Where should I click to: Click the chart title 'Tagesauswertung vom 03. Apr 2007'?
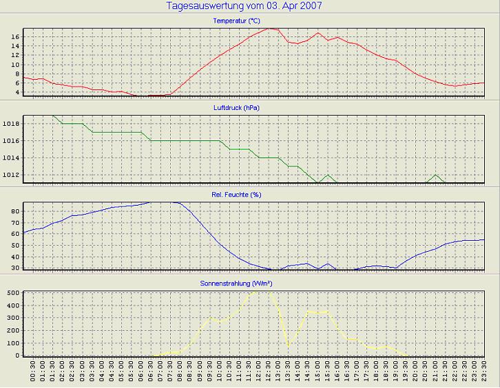(x=244, y=6)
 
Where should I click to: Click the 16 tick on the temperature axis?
(x=15, y=36)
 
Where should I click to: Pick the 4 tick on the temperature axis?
(x=17, y=92)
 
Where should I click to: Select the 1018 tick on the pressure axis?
(x=11, y=124)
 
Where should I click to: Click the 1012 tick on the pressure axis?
(x=11, y=175)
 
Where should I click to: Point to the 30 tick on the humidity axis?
(x=14, y=268)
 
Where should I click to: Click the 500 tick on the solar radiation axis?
(x=12, y=293)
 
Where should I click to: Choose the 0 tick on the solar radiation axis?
(x=17, y=355)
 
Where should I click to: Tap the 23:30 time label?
(x=484, y=374)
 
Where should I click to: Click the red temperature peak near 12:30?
(x=269, y=28)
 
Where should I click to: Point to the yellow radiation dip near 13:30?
(x=289, y=346)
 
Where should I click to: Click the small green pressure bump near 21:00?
(x=435, y=175)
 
